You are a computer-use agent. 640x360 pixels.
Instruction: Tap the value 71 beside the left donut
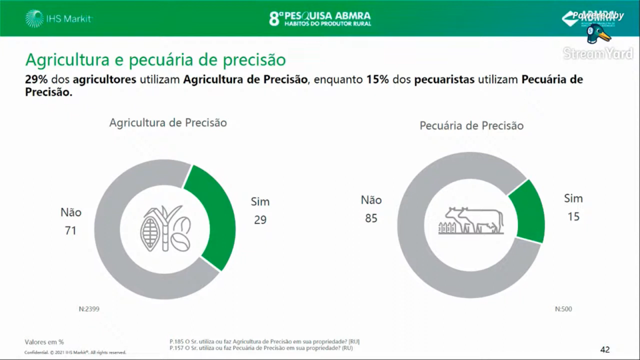click(70, 231)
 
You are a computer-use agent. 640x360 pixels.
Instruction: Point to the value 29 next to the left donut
click(260, 220)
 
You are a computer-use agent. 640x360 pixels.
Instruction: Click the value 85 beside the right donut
click(371, 219)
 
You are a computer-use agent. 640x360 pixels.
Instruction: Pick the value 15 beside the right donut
click(573, 217)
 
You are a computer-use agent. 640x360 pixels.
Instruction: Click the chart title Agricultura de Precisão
click(168, 122)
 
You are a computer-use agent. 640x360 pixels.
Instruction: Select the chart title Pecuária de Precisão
click(471, 126)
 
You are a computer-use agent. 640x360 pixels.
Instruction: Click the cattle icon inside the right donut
click(472, 220)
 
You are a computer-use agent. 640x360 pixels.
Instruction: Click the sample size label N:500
click(562, 309)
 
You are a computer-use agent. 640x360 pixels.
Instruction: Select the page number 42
click(604, 349)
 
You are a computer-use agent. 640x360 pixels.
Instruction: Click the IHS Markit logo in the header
click(60, 18)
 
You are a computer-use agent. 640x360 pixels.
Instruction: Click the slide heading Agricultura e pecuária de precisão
click(156, 60)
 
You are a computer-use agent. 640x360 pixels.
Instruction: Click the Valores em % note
click(44, 342)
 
